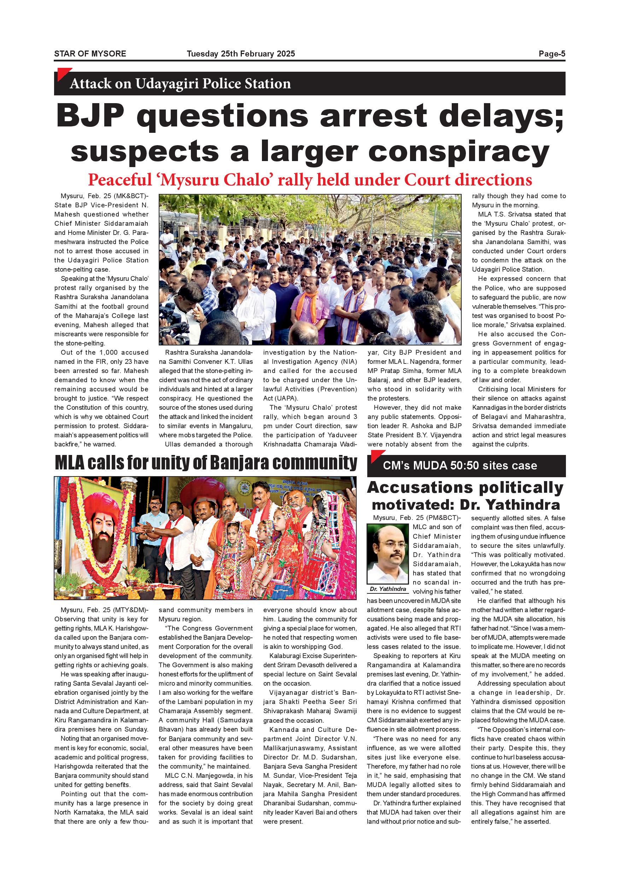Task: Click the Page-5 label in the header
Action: point(552,54)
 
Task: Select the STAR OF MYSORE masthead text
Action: point(90,54)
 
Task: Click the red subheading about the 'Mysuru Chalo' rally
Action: point(310,180)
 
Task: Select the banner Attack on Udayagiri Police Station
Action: point(180,84)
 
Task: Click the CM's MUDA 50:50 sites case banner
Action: point(460,466)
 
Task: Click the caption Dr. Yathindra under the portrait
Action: point(387,589)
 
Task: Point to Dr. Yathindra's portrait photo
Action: point(387,554)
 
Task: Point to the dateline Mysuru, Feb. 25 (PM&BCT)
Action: point(417,518)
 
